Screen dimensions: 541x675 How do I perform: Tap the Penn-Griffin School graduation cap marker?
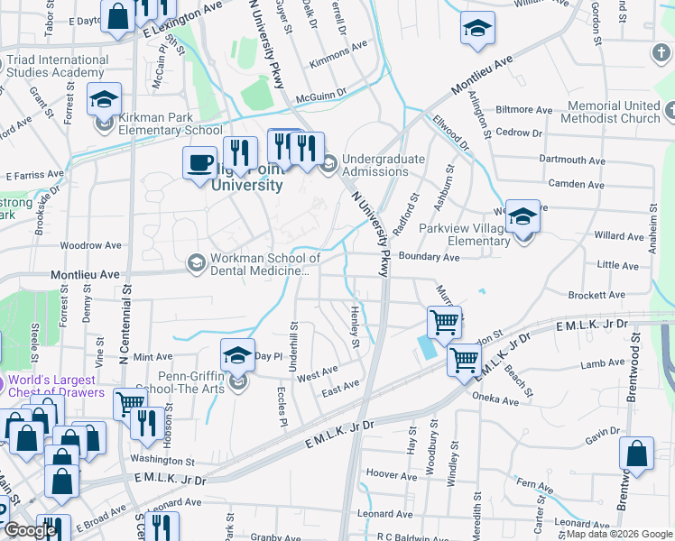tap(238, 357)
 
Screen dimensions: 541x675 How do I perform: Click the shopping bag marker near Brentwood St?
tap(636, 454)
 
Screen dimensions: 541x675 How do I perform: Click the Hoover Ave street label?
tap(390, 473)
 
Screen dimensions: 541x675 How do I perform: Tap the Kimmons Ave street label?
tap(338, 45)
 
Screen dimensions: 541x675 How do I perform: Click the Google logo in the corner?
tap(29, 530)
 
